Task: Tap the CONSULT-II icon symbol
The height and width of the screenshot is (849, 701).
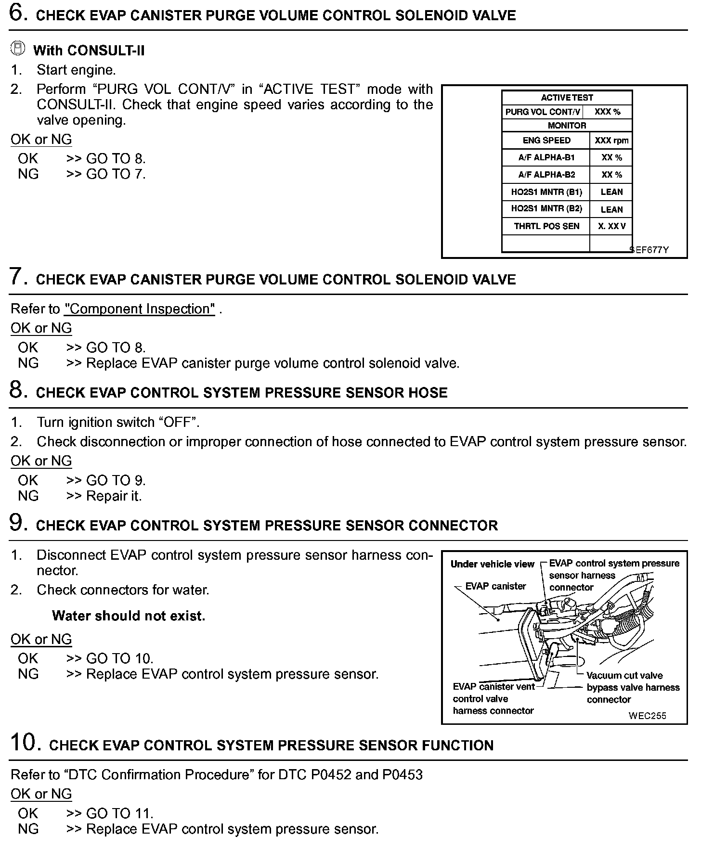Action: pos(17,49)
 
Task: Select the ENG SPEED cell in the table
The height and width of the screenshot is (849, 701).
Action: pos(546,141)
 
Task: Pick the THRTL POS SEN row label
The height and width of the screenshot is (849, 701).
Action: pos(546,226)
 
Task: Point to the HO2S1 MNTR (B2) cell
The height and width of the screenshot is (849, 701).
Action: pos(546,209)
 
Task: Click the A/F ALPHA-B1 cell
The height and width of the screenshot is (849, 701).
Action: pos(546,157)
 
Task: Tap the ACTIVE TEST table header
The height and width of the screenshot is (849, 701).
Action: pos(567,98)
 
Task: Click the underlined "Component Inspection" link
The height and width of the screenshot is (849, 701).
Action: pos(140,309)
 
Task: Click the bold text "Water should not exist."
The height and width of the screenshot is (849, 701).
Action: pos(129,616)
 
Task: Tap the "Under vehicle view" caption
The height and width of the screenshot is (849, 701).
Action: pos(492,564)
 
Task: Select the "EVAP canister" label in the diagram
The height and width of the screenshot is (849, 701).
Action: pos(495,586)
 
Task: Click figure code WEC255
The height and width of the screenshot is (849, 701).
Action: pos(647,716)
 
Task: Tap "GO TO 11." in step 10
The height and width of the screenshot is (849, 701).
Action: pos(119,813)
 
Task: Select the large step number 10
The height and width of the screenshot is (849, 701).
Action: pos(23,743)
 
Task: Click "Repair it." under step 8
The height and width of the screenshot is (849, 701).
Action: pos(114,496)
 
